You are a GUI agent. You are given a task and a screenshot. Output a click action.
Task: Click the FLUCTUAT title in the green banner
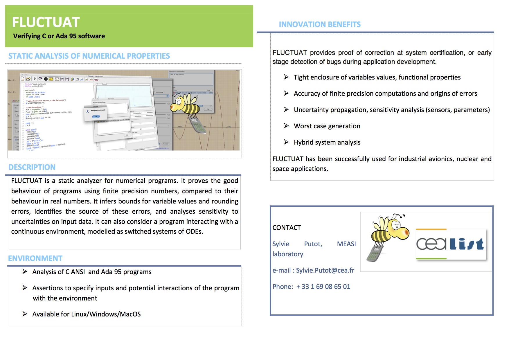[46, 22]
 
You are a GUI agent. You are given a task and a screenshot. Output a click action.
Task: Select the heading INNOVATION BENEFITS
[320, 24]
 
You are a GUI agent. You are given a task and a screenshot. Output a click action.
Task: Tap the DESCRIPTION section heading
[32, 167]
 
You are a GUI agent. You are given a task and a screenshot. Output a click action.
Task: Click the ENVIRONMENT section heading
[35, 258]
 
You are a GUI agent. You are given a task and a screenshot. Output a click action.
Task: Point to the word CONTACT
[287, 228]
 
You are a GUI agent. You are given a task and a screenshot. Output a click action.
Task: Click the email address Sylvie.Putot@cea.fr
[325, 270]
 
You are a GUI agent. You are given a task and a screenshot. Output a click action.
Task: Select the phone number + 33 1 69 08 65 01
[323, 287]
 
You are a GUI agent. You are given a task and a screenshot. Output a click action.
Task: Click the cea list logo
[451, 244]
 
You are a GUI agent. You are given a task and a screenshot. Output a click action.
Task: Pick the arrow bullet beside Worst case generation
[286, 126]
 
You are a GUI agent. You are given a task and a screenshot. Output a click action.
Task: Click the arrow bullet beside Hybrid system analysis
[286, 142]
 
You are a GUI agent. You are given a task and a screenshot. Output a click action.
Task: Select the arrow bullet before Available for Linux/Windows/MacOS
[25, 314]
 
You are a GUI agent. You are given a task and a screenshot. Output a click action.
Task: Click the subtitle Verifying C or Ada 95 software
[59, 36]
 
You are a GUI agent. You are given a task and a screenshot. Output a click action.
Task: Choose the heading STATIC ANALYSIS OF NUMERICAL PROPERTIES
[89, 56]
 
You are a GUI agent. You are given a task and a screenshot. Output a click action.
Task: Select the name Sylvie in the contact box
[281, 244]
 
